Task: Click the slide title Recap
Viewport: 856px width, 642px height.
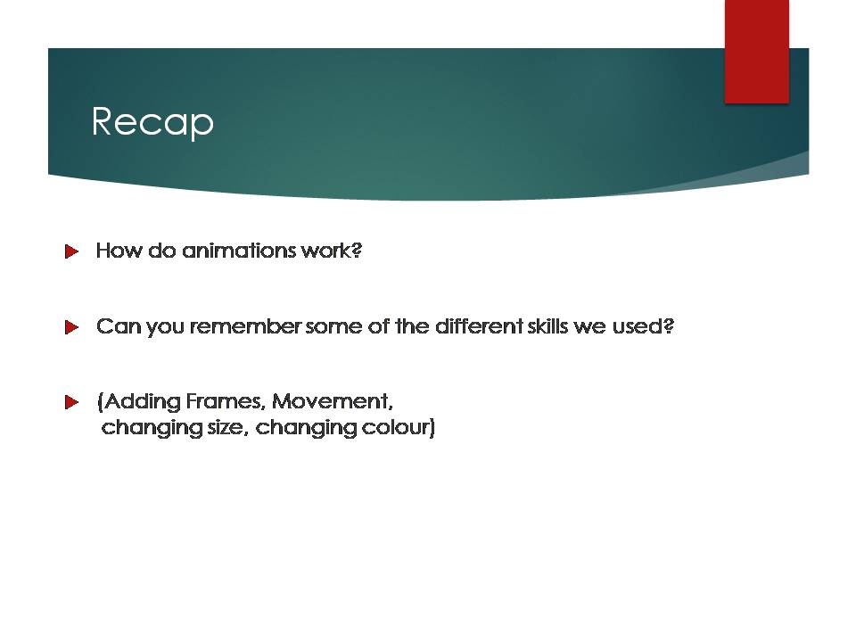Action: (x=152, y=122)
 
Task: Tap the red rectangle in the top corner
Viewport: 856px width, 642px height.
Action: (x=757, y=52)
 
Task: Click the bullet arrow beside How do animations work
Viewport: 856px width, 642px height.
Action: (x=71, y=251)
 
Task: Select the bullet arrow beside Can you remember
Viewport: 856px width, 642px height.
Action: (x=71, y=327)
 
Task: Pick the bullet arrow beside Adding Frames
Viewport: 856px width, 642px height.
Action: (x=71, y=402)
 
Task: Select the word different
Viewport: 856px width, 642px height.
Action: (x=479, y=326)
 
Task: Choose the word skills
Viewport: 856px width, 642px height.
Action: (x=547, y=326)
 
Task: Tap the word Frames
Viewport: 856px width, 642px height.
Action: (x=226, y=401)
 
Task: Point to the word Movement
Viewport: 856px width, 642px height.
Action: (x=332, y=401)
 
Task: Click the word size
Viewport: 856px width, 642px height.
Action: (x=227, y=427)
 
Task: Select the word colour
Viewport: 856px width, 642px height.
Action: (x=396, y=427)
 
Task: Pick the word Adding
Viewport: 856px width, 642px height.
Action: (x=142, y=402)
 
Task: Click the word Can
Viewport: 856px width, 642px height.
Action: (x=119, y=326)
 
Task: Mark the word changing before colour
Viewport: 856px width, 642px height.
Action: (x=306, y=428)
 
